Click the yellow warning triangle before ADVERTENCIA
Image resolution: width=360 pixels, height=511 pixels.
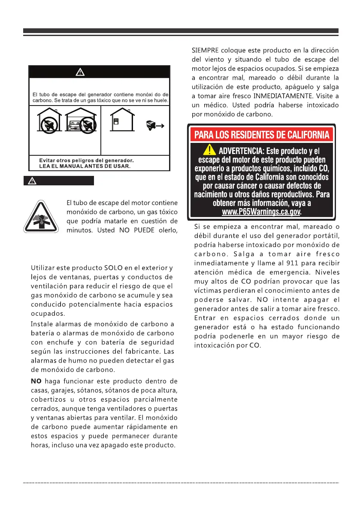pos(210,150)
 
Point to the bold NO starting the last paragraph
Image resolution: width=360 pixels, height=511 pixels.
pos(36,381)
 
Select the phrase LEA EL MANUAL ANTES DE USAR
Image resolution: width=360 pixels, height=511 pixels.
pos(82,166)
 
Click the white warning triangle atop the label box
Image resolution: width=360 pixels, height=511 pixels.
pos(80,72)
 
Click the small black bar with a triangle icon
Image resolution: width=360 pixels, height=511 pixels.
pos(58,181)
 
